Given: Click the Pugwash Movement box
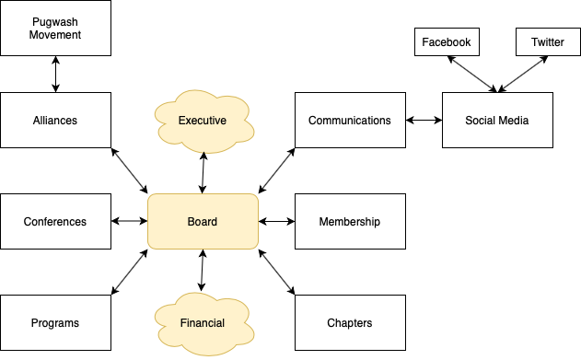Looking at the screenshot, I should pos(55,28).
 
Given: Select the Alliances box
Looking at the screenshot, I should pos(55,120).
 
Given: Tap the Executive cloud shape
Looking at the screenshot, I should pos(203,120).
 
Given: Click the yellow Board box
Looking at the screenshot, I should pos(203,221).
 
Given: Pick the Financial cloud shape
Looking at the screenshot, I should pos(203,322).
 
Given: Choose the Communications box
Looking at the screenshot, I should pos(350,120).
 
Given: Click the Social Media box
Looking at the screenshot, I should pos(497,120).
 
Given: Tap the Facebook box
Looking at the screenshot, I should pos(446,42).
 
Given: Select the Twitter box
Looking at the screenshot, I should pos(548,42).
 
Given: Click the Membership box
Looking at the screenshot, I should pos(350,221).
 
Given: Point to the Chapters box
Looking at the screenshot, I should pos(350,322).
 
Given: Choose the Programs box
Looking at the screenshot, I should pos(55,322).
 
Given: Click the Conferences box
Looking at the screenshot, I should pos(55,221).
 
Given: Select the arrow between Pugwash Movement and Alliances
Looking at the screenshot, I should pos(55,74).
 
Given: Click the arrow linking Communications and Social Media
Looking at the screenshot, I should pos(424,120).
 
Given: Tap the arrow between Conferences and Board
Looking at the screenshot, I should pos(129,221).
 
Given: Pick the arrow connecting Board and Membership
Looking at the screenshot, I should pos(276,221).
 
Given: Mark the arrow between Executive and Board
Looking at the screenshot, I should pos(203,170).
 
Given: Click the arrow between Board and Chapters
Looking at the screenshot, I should pos(276,272).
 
